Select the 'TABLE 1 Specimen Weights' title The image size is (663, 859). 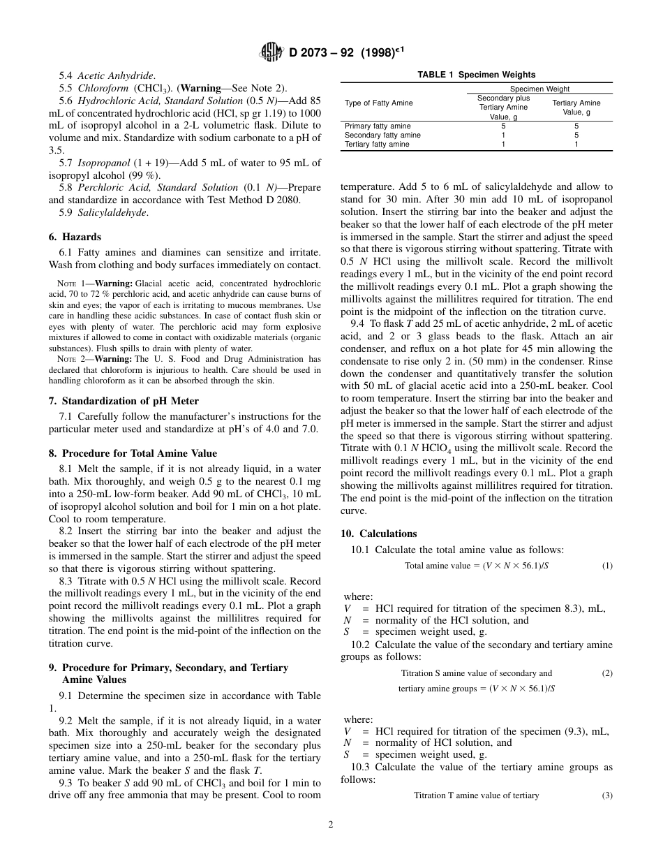[476, 75]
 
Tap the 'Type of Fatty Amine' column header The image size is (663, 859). [378, 103]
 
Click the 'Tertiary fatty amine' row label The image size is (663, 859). [378, 145]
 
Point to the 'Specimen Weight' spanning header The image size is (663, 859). [539, 89]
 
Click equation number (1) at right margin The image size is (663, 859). [607, 566]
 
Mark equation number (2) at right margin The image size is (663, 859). [607, 673]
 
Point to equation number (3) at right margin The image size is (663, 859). [607, 795]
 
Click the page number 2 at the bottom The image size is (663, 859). [331, 824]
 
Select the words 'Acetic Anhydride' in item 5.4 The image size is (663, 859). [116, 75]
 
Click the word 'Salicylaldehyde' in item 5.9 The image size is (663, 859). [112, 212]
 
